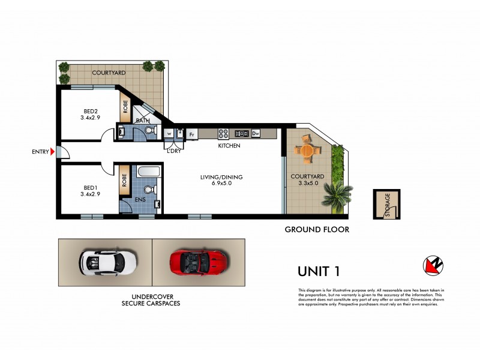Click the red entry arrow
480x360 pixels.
[x=53, y=152]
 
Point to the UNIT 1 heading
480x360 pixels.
[x=319, y=271]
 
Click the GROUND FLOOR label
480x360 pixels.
[x=316, y=229]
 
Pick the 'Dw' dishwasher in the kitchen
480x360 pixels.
[x=255, y=133]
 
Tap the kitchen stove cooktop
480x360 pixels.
[x=223, y=133]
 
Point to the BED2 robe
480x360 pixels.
[x=125, y=107]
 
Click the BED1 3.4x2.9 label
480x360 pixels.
[x=89, y=190]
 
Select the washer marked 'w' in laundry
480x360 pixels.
[x=169, y=133]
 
